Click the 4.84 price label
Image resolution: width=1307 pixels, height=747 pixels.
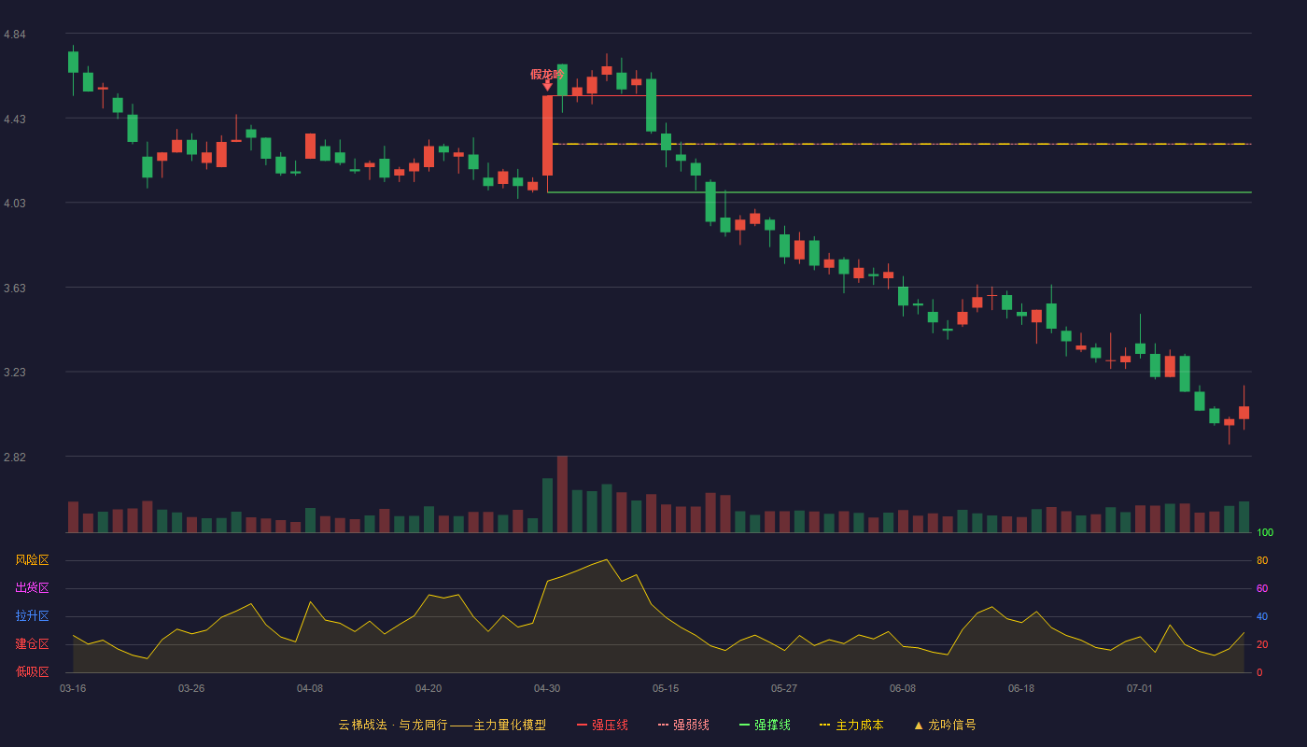[x=15, y=35]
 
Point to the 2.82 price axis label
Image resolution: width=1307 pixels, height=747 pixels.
[x=15, y=457]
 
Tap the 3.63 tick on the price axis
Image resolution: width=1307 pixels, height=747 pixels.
[x=15, y=289]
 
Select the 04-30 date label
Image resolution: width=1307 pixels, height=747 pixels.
[x=547, y=689]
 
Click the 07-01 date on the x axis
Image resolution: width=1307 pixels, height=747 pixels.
[x=1140, y=689]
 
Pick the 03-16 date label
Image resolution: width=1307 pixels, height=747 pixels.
[x=73, y=689]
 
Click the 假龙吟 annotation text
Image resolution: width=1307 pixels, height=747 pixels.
[x=547, y=74]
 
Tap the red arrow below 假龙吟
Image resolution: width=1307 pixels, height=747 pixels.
[x=547, y=86]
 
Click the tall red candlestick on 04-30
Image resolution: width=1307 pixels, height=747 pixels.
[x=547, y=135]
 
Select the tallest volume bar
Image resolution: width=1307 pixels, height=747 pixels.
[x=562, y=494]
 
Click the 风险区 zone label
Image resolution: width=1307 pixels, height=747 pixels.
[x=32, y=560]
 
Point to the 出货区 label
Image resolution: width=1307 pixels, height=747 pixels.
[x=32, y=587]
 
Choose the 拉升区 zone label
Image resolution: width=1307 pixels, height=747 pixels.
[x=32, y=615]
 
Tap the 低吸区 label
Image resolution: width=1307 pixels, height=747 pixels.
[x=32, y=671]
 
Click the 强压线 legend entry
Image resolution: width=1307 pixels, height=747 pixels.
[x=602, y=725]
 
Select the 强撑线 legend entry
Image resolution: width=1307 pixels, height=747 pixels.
[x=765, y=725]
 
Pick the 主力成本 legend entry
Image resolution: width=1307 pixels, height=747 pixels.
[x=851, y=725]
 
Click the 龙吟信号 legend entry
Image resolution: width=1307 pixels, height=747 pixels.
[x=945, y=725]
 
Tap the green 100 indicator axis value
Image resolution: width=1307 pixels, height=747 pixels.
[x=1265, y=532]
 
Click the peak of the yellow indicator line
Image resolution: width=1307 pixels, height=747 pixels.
[x=607, y=559]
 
